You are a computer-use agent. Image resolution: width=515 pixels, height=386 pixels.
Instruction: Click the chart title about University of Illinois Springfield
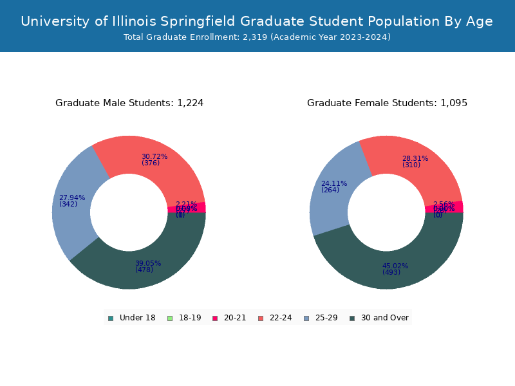[257, 21]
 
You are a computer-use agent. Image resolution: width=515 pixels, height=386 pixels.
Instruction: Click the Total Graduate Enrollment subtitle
[257, 37]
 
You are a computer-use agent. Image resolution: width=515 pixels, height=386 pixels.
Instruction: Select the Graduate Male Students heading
[129, 103]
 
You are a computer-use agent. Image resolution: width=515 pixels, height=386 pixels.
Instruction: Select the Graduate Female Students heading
[387, 103]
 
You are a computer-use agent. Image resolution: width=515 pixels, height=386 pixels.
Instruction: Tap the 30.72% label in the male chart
[154, 156]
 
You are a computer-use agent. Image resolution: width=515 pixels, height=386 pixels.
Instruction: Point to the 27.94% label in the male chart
[72, 198]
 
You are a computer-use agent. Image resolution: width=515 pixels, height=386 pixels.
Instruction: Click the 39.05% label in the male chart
[148, 263]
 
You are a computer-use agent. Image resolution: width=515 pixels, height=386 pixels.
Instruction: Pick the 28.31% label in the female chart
[415, 158]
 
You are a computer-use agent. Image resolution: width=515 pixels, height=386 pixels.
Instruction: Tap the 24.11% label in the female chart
[334, 183]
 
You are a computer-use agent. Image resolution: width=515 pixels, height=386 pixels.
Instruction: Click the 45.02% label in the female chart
[395, 266]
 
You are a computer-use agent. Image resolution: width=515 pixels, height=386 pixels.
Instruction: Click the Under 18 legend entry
[132, 318]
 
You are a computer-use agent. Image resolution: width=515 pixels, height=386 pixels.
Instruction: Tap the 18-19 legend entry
[184, 318]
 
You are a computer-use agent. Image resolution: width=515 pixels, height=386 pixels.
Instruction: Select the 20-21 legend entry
[229, 318]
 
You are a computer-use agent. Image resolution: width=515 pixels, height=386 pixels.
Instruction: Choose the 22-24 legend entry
[275, 318]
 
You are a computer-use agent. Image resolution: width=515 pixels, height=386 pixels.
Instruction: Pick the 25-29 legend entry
[321, 318]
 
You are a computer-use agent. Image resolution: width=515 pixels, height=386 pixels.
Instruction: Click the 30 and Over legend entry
[379, 318]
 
